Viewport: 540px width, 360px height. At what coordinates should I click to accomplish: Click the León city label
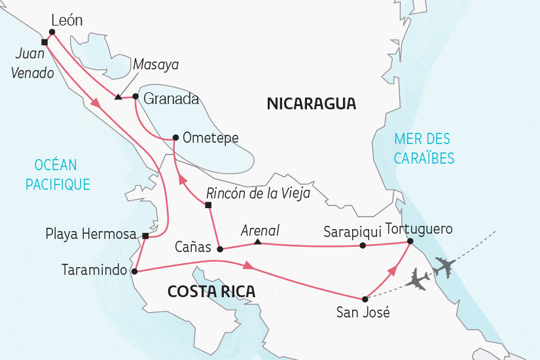pyautogui.click(x=67, y=20)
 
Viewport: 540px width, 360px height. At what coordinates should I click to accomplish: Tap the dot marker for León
pyautogui.click(x=52, y=31)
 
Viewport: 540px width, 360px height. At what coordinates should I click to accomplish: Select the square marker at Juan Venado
pyautogui.click(x=44, y=42)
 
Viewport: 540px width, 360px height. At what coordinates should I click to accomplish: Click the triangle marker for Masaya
pyautogui.click(x=117, y=98)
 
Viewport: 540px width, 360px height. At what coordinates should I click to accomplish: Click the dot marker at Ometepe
pyautogui.click(x=175, y=137)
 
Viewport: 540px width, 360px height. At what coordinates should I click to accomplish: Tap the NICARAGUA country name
pyautogui.click(x=311, y=103)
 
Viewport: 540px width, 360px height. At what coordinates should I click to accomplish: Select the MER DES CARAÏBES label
pyautogui.click(x=423, y=148)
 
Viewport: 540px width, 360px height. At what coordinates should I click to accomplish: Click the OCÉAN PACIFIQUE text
pyautogui.click(x=58, y=175)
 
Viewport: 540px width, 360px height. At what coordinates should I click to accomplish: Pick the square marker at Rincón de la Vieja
pyautogui.click(x=208, y=206)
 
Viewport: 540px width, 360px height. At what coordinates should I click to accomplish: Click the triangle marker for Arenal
pyautogui.click(x=258, y=243)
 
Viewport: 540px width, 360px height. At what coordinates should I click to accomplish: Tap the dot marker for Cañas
pyautogui.click(x=220, y=249)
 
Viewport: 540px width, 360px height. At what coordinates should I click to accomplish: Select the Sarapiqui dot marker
pyautogui.click(x=363, y=246)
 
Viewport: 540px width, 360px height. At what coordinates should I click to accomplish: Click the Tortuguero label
pyautogui.click(x=419, y=229)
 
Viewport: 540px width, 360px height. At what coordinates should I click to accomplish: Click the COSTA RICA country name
pyautogui.click(x=211, y=291)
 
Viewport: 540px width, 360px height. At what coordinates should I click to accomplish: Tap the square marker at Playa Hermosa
pyautogui.click(x=145, y=236)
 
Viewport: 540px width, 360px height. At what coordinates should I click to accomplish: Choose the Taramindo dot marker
pyautogui.click(x=134, y=270)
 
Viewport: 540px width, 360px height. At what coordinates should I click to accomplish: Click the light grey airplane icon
pyautogui.click(x=417, y=280)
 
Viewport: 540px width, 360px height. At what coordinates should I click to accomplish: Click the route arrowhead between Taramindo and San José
pyautogui.click(x=249, y=266)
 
